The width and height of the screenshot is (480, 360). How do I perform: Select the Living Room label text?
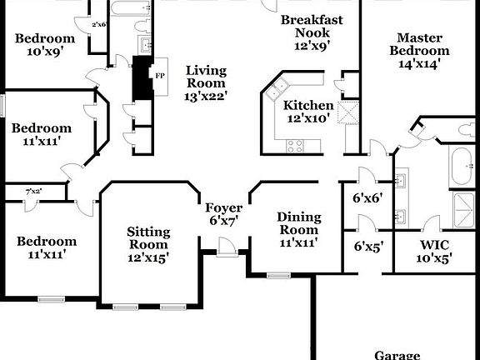pos(206,83)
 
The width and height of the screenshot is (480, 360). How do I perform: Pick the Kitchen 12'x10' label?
pos(307,112)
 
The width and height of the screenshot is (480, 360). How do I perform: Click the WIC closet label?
pos(434,251)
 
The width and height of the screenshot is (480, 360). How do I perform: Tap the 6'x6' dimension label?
pos(368,199)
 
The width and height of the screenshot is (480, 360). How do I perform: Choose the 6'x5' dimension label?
pos(368,246)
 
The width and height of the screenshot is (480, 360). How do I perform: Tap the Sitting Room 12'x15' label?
pos(148,244)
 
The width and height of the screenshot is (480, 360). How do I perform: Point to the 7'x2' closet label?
pos(33,192)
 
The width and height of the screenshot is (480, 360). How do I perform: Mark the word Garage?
pos(396,354)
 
